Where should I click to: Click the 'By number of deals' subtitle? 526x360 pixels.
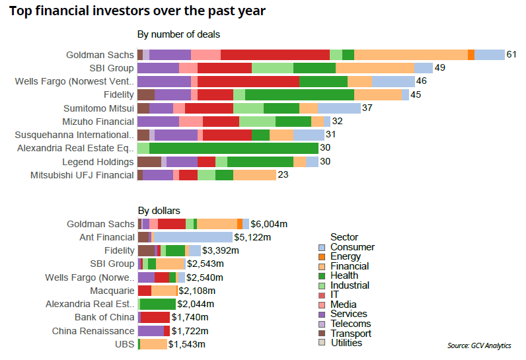point(178,34)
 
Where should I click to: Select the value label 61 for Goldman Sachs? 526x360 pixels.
point(511,54)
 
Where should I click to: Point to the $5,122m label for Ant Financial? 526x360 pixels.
point(253,237)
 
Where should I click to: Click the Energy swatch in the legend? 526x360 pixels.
point(322,256)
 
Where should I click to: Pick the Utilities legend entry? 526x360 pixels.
point(346,342)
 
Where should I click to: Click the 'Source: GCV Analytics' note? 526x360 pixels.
point(479,346)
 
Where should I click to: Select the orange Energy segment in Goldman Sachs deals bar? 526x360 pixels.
point(470,55)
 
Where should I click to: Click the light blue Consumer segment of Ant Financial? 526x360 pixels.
point(193,237)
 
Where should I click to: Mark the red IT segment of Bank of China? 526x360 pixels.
point(155,317)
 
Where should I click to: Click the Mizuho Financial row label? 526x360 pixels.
point(98,122)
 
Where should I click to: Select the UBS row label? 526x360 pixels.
point(124,344)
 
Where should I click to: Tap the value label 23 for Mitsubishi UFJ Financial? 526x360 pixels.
point(283,175)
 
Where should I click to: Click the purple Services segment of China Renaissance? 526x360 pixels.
point(151,331)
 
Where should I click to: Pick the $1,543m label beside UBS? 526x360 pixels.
point(187,344)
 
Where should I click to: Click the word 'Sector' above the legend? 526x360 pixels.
point(344,237)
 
